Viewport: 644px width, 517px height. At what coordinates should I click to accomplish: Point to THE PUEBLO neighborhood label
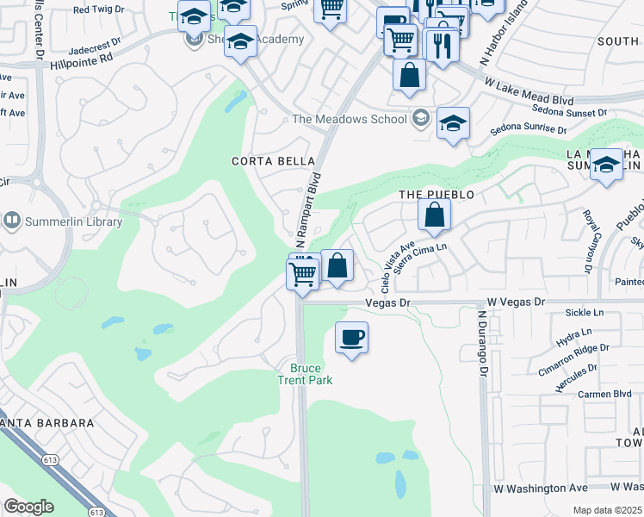pos(437,196)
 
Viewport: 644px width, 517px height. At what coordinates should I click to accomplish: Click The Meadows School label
pos(350,119)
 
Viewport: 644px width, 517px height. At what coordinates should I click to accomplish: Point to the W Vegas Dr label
pos(517,302)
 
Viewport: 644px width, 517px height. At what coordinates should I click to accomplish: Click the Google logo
pos(28,507)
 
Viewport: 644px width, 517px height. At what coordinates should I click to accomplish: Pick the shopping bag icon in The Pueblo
pos(435,215)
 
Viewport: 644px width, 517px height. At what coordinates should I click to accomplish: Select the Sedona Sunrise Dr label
pos(528,130)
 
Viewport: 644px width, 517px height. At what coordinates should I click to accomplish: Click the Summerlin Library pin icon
pos(12,221)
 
